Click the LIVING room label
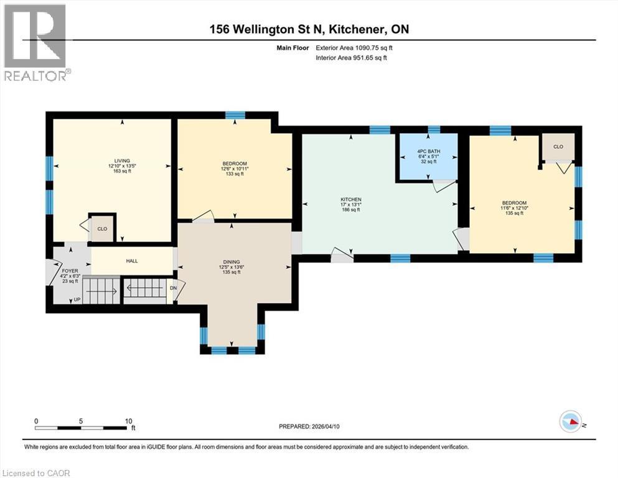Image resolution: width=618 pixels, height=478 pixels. tap(113, 160)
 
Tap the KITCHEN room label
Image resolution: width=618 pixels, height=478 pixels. tap(351, 199)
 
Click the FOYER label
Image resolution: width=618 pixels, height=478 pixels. tap(70, 271)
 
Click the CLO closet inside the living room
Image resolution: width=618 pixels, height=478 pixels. tap(101, 228)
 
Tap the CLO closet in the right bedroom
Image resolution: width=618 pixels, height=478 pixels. tap(558, 147)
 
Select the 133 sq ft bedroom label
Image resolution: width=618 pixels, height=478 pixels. tap(234, 164)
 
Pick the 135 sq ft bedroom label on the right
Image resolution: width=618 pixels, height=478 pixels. tap(515, 203)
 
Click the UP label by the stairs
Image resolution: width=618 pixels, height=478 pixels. tap(77, 299)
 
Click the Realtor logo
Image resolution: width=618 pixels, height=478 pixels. tap(35, 42)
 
